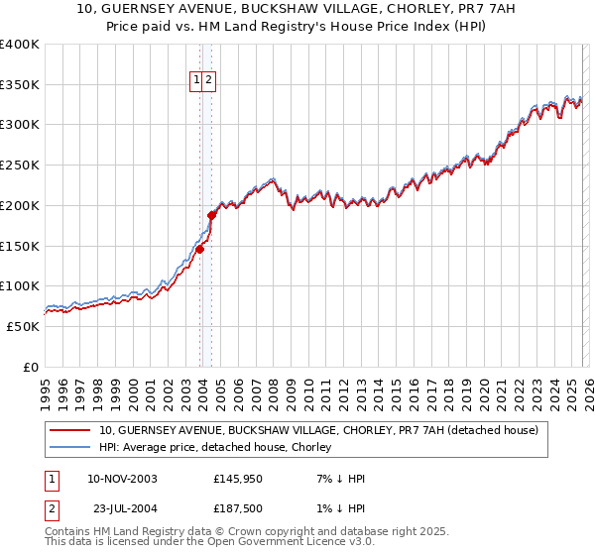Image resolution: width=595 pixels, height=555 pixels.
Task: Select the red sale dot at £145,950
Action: (x=199, y=249)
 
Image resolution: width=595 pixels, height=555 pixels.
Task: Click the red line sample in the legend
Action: (x=71, y=430)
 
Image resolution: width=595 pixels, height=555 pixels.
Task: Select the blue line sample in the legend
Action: (x=71, y=447)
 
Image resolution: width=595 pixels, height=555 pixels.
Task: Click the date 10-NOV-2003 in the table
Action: (x=122, y=479)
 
